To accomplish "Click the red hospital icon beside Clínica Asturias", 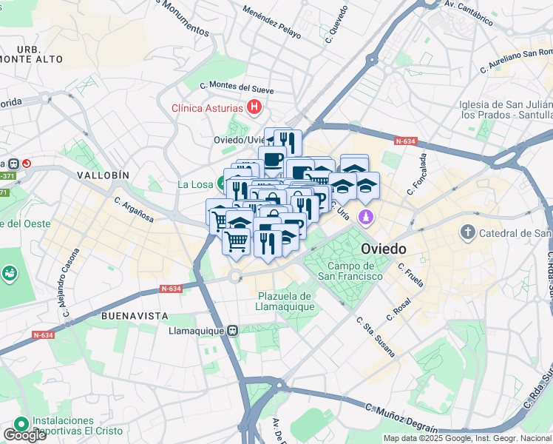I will click(254, 107).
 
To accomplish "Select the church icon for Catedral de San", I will click(467, 233).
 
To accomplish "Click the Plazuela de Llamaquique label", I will click(285, 301).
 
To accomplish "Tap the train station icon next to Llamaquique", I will click(233, 330).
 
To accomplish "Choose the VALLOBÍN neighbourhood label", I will click(103, 175).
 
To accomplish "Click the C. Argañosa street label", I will click(134, 209).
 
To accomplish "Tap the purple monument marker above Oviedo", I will click(364, 218).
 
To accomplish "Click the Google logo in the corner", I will click(24, 435).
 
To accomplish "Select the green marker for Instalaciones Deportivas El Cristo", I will click(21, 424).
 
